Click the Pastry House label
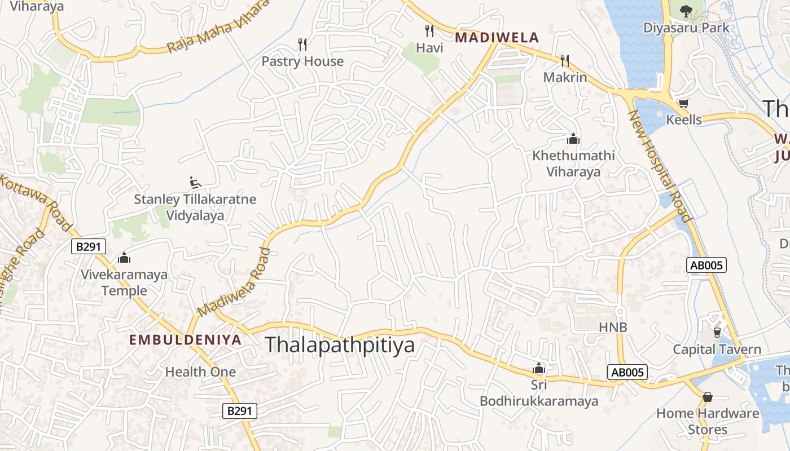click(302, 61)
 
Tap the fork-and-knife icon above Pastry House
click(302, 44)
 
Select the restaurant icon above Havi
click(429, 30)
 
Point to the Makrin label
click(565, 77)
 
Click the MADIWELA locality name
click(497, 38)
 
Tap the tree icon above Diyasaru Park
click(686, 10)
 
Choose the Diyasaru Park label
click(686, 28)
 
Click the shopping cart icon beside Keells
click(683, 103)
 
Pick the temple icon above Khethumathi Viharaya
click(573, 139)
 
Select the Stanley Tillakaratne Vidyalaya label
click(195, 207)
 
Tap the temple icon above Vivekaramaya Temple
click(124, 258)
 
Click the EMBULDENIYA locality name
click(185, 340)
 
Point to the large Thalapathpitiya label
click(340, 345)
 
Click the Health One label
click(200, 372)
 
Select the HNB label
click(613, 327)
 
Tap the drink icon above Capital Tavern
click(717, 332)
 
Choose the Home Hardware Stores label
click(708, 421)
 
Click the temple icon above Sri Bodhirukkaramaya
click(539, 369)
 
